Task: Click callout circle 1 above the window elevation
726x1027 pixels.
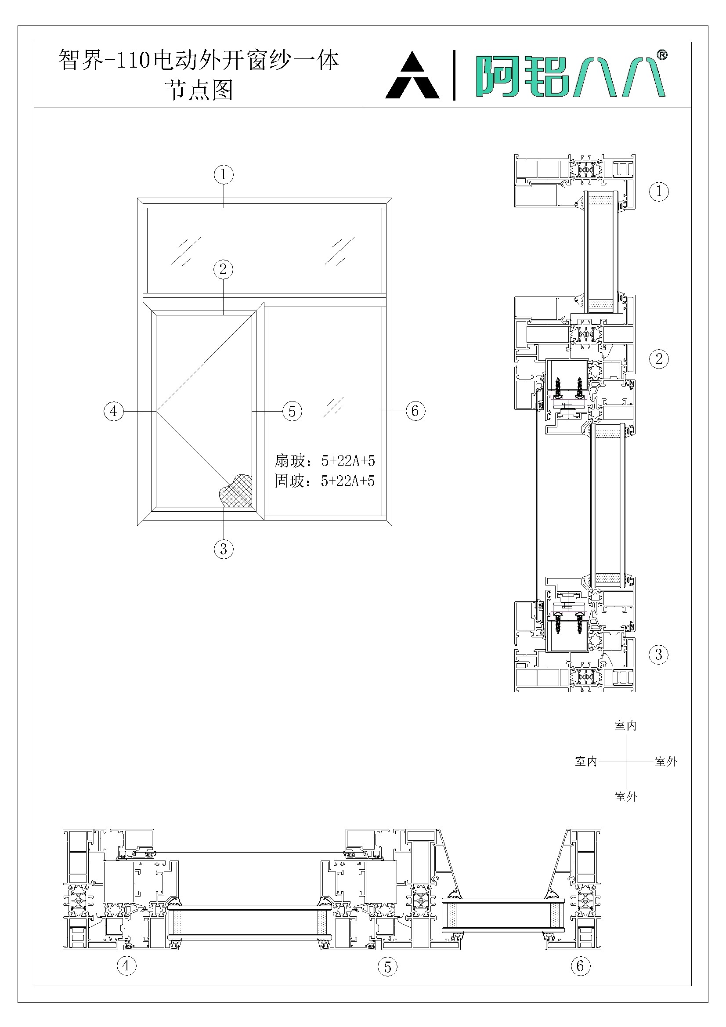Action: (224, 174)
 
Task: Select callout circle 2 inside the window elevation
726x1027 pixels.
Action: (223, 269)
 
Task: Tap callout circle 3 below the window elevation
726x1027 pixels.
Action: (224, 548)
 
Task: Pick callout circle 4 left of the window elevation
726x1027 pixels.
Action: (114, 411)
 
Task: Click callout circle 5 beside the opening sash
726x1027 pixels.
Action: (292, 411)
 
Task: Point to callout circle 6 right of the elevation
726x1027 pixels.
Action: (415, 410)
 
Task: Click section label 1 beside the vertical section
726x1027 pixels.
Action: (658, 192)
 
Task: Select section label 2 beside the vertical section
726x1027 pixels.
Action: (659, 358)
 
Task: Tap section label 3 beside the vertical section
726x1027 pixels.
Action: (658, 655)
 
